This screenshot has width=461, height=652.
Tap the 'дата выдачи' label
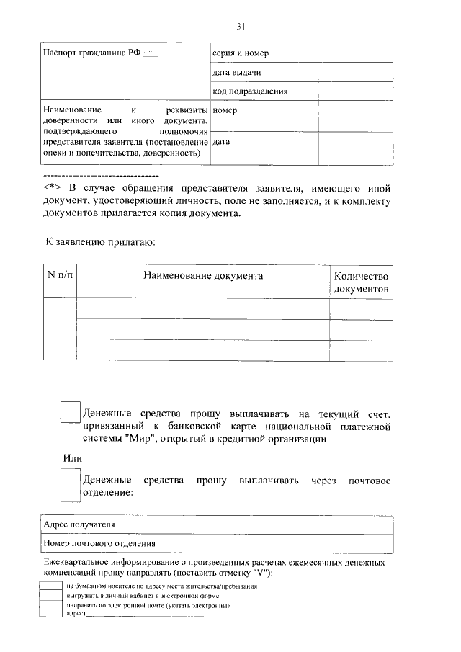(x=236, y=73)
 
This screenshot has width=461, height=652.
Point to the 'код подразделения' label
(x=250, y=91)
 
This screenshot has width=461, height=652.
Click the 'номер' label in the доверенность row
(x=225, y=111)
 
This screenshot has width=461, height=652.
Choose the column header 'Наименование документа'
(x=202, y=275)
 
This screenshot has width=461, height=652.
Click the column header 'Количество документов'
(x=361, y=282)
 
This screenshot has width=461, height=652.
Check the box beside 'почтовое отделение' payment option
(x=70, y=484)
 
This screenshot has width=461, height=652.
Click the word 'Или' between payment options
(x=71, y=458)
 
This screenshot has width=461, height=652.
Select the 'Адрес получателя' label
(x=79, y=526)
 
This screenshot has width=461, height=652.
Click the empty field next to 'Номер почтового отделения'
(x=288, y=544)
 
